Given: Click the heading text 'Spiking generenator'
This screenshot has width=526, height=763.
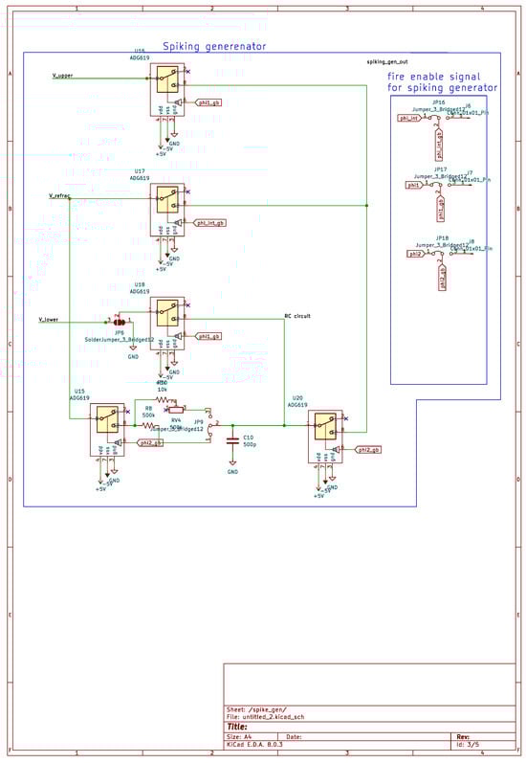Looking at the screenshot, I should (x=213, y=46).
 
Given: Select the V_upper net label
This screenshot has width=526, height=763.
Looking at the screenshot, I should (x=62, y=75).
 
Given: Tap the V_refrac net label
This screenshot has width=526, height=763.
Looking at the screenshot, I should (x=59, y=195).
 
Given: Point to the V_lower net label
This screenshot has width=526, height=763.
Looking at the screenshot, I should (x=49, y=318).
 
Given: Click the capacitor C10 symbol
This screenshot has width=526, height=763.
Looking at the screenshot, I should (x=232, y=441).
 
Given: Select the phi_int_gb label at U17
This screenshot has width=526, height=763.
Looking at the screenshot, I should (x=209, y=222).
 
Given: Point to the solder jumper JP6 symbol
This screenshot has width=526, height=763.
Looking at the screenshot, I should (x=120, y=323).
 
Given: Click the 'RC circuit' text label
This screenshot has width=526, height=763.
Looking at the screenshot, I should (x=297, y=315).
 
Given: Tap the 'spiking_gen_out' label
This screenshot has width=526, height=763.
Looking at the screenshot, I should (x=387, y=61).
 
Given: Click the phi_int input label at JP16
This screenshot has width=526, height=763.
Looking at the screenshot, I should (x=409, y=119).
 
